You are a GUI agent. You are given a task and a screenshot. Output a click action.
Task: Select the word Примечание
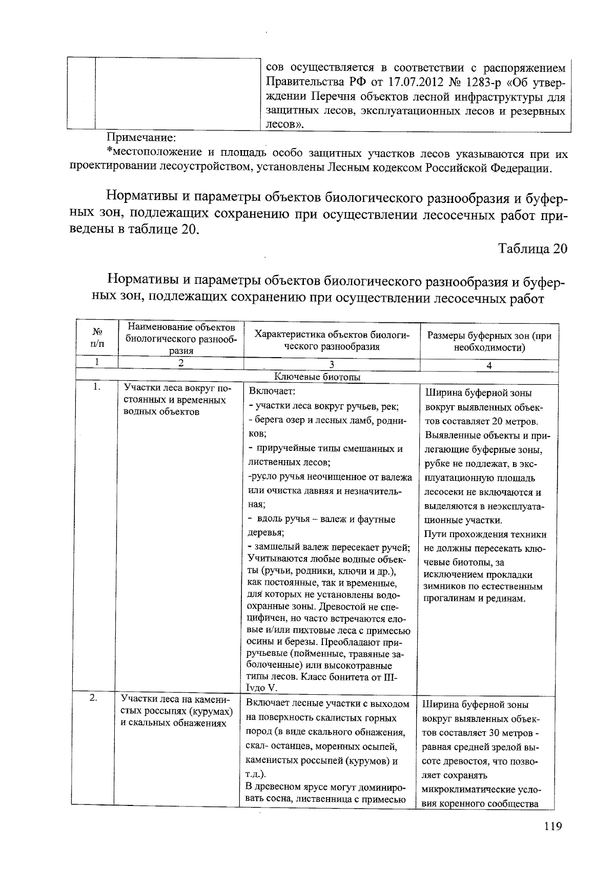click(x=141, y=137)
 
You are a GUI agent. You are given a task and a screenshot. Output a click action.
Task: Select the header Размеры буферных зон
click(x=489, y=341)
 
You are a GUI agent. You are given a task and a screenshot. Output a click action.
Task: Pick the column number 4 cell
click(x=489, y=365)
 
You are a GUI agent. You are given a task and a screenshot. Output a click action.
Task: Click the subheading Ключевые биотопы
click(x=317, y=377)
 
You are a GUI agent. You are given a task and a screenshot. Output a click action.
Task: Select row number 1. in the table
click(x=97, y=387)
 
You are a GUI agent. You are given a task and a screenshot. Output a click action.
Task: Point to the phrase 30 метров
click(x=512, y=733)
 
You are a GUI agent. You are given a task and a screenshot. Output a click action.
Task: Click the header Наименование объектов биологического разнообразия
click(x=181, y=339)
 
